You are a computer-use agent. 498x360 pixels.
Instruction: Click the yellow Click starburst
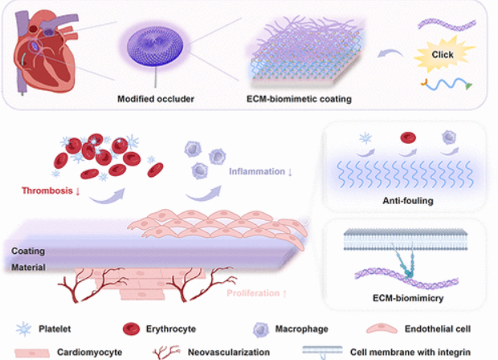point(443,55)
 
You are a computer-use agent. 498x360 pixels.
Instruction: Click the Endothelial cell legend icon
point(378,329)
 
